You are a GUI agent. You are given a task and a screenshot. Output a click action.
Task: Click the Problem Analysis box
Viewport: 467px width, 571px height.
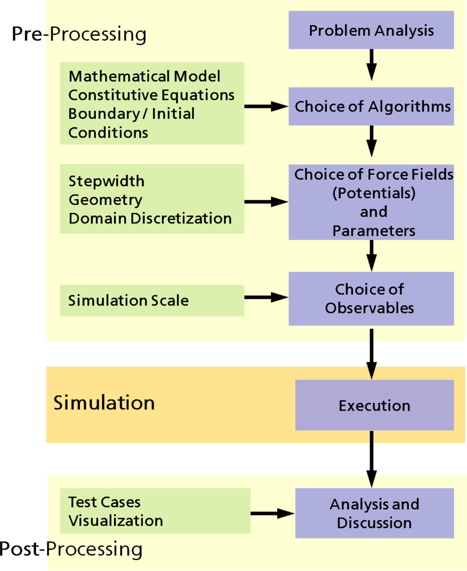point(371,30)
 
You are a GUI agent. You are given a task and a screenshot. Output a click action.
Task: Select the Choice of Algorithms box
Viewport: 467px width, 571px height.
point(371,106)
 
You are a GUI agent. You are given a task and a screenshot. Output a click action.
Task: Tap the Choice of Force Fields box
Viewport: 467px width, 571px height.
point(371,202)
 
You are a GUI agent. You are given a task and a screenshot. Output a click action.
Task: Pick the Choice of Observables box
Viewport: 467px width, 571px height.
point(371,298)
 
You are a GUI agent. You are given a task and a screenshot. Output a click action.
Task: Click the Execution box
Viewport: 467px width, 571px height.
point(374,405)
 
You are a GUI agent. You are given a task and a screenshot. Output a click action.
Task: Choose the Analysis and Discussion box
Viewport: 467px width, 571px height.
point(374,513)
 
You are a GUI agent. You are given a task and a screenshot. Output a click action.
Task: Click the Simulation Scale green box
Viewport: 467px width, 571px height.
point(152,300)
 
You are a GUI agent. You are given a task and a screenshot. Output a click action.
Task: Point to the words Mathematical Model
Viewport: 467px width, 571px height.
point(144,77)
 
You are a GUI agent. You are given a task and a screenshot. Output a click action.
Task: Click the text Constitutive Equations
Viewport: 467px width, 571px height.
point(151,95)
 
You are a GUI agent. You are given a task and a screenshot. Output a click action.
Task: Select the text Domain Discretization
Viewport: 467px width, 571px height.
point(150,218)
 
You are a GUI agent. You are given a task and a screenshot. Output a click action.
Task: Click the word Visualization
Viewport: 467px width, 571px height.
point(115,521)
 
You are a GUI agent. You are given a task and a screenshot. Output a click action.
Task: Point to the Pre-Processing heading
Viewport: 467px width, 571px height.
point(79,34)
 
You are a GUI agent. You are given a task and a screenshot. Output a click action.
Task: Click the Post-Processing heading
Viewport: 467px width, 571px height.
point(71,549)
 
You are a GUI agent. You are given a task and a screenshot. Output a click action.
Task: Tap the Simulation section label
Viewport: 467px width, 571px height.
point(104,403)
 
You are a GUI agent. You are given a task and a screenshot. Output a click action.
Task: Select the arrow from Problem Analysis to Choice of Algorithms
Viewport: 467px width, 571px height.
point(371,64)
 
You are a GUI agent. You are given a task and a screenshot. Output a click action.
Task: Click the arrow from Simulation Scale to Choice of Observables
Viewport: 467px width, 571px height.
point(266,297)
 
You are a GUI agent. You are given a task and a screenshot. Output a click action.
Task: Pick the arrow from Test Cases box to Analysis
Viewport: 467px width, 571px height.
point(272,513)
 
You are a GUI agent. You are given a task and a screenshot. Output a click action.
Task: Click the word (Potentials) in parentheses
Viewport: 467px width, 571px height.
point(373,193)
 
